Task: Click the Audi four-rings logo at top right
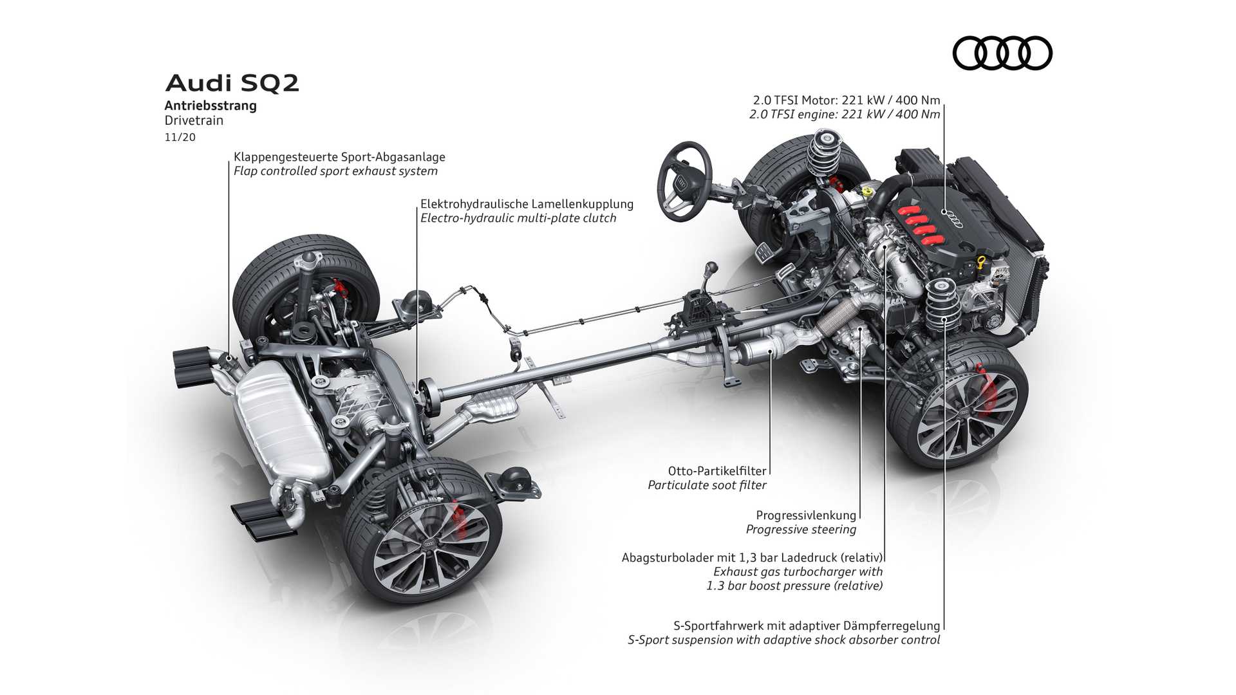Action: click(x=1002, y=53)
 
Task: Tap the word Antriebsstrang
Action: click(x=211, y=106)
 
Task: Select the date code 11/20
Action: click(x=180, y=137)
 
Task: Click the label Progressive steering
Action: click(x=801, y=530)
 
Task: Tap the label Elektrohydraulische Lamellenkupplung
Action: click(x=527, y=204)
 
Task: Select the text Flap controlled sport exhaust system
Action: click(x=335, y=171)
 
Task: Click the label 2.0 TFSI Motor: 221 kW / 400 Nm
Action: click(x=847, y=100)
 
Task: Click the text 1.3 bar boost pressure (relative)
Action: click(x=794, y=586)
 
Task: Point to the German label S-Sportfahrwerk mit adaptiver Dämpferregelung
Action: click(x=806, y=625)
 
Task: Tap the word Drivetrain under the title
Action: click(x=194, y=120)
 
